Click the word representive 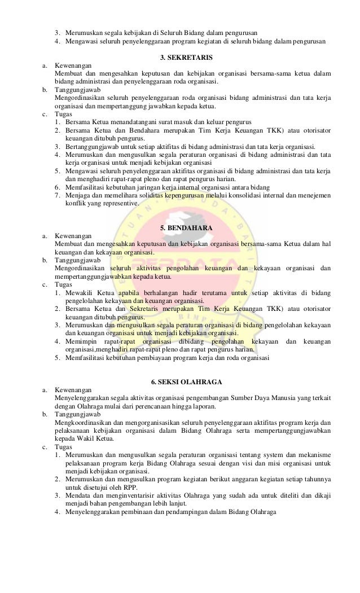(x=117, y=203)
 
